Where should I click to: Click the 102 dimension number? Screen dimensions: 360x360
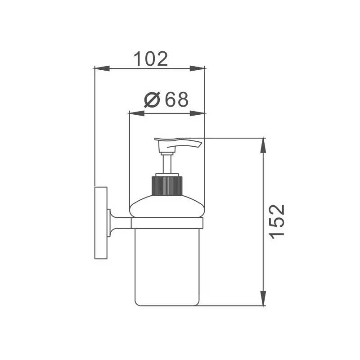(151, 59)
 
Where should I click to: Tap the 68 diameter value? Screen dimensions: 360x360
(177, 99)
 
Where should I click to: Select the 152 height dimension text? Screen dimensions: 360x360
(278, 222)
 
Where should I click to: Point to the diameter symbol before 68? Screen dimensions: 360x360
(152, 99)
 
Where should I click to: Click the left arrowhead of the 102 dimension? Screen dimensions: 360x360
(102, 68)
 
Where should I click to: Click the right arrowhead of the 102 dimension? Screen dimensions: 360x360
(197, 68)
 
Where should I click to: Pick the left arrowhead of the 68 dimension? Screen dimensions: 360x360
(137, 113)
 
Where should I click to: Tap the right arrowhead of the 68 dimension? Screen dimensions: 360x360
(197, 113)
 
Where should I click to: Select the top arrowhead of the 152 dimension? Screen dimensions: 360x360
(263, 145)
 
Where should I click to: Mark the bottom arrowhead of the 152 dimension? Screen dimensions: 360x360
(263, 298)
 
